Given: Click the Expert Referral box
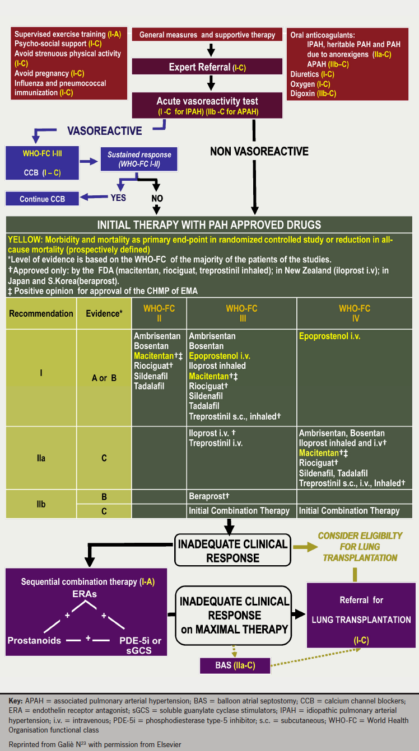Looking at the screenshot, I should (x=207, y=67).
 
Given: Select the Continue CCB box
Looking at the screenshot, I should (x=42, y=199).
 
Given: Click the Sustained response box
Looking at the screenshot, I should (x=139, y=159).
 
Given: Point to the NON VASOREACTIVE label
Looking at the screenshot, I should (x=259, y=151).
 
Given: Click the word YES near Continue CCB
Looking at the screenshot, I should (x=118, y=198).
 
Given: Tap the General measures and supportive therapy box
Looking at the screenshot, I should (x=207, y=35).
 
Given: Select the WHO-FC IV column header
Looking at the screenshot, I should (x=355, y=313).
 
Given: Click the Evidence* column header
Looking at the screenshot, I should (x=104, y=313).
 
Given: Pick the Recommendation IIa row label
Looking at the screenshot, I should (x=41, y=458).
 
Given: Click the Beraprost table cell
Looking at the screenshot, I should (x=209, y=496).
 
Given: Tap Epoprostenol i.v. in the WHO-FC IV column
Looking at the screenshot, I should (x=329, y=336).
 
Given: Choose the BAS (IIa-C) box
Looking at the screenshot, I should (x=235, y=665).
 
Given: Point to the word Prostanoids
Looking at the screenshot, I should (x=35, y=640).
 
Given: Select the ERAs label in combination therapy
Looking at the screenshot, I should (x=85, y=594).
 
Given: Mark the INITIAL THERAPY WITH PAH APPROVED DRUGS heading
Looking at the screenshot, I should (x=209, y=225).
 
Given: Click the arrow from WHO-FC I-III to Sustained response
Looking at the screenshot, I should (x=89, y=161).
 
